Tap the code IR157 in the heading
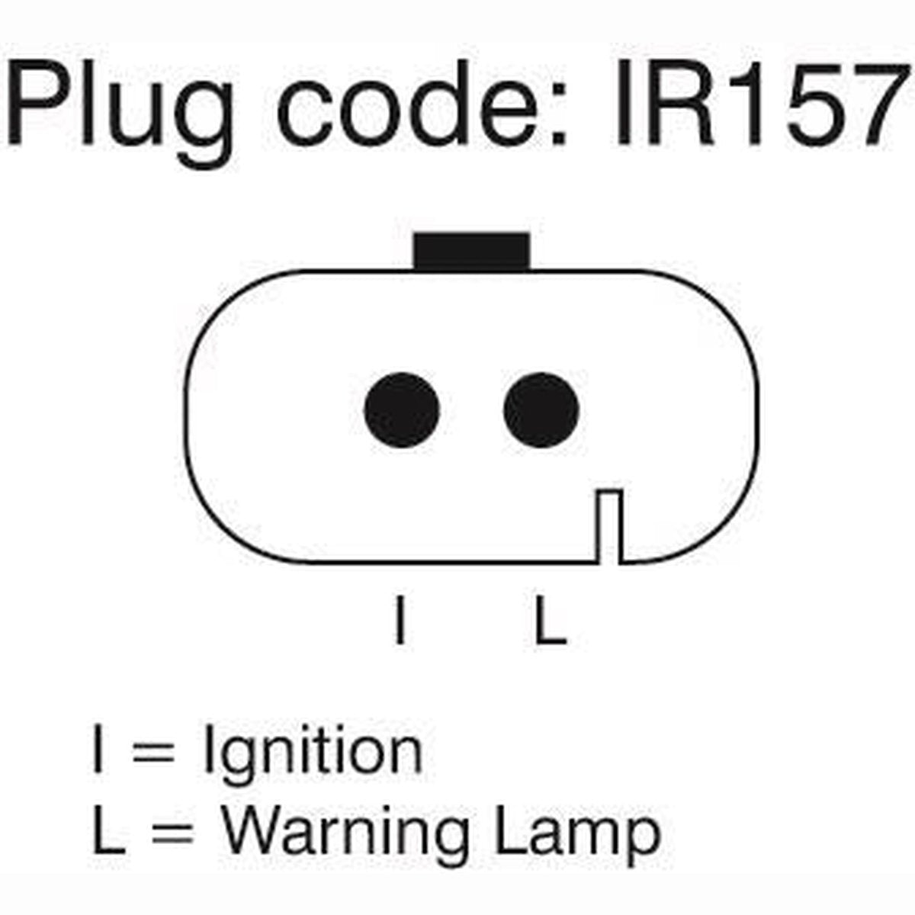761,103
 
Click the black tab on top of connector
471,252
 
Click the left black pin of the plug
402,409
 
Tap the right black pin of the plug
541,409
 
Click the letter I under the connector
401,620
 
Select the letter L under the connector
551,620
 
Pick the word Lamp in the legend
577,839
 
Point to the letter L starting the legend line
109,831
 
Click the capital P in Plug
38,102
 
